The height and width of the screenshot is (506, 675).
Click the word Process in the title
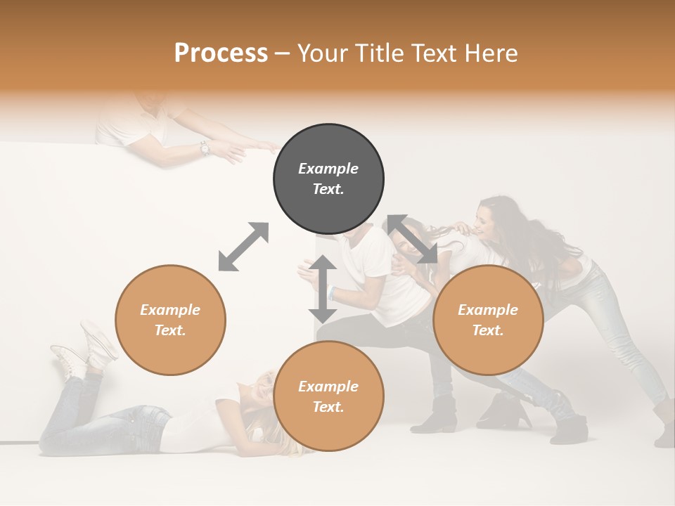[221, 53]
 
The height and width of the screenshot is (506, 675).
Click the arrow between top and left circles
[243, 247]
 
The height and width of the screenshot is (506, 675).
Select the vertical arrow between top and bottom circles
[323, 289]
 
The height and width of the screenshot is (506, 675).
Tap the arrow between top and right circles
[413, 240]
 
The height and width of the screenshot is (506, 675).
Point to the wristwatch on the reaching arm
[205, 148]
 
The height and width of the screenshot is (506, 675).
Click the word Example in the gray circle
[328, 169]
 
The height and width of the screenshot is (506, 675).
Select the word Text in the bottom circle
[328, 407]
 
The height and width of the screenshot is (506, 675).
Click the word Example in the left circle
[170, 310]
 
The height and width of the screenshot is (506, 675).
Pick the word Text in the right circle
[488, 330]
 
